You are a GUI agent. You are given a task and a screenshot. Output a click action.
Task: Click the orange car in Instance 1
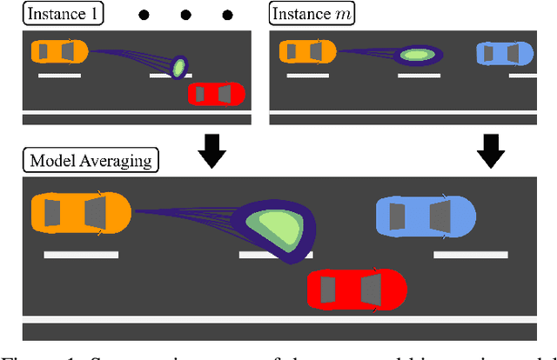(58, 52)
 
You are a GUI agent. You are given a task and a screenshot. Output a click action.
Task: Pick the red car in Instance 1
(217, 93)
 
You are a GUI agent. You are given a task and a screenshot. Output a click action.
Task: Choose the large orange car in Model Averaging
(80, 214)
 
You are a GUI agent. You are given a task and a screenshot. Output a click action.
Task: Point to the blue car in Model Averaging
(425, 217)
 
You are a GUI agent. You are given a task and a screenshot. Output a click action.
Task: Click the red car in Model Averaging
(357, 290)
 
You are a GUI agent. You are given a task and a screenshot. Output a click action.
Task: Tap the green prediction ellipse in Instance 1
(178, 66)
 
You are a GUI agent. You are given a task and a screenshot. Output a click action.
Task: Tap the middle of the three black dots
(185, 15)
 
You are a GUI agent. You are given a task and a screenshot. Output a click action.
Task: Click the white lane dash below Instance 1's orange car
(59, 76)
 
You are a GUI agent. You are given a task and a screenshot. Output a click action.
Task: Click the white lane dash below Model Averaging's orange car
(81, 254)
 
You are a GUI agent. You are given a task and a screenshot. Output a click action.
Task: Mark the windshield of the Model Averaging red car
(371, 290)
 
